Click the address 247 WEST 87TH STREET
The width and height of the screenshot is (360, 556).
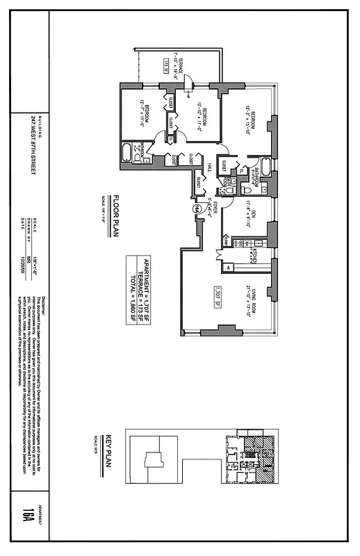pyautogui.click(x=32, y=146)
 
